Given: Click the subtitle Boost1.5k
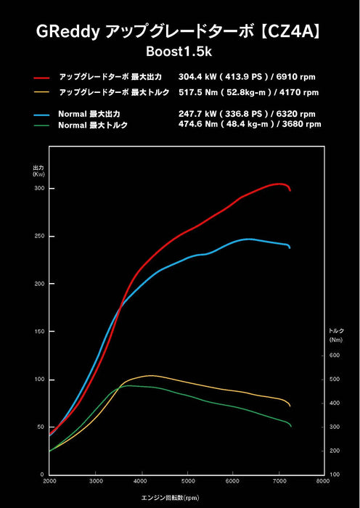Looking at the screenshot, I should click(x=179, y=52).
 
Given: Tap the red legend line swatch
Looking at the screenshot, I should click(x=41, y=77).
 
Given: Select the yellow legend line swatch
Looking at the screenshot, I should click(x=41, y=92).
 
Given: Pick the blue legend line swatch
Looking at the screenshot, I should click(x=41, y=115).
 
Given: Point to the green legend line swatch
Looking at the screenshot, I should click(x=41, y=126).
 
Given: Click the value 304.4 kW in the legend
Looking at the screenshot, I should click(x=198, y=76).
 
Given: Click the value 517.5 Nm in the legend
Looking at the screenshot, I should click(x=198, y=91).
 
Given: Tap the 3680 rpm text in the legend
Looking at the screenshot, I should click(x=299, y=124).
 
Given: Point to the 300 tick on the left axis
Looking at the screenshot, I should click(x=40, y=189).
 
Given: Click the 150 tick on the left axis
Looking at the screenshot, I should click(x=40, y=332).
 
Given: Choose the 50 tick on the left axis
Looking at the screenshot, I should click(x=41, y=427).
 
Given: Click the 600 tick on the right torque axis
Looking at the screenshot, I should click(x=334, y=356).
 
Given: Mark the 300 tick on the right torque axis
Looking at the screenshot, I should click(x=334, y=427).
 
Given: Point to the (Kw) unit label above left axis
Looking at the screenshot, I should click(x=39, y=175).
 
